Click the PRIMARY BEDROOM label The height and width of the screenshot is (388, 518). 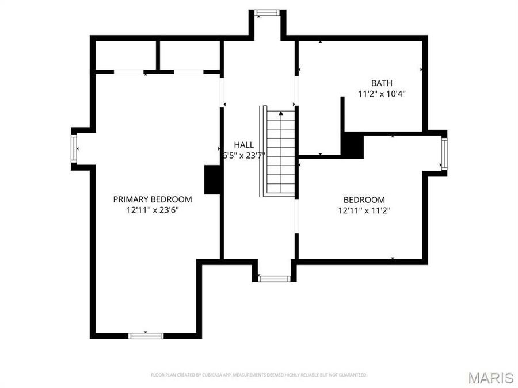click(x=153, y=199)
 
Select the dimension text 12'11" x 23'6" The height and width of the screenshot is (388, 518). click(x=153, y=210)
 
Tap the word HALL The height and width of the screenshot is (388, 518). click(x=243, y=145)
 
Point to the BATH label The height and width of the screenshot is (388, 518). click(x=382, y=83)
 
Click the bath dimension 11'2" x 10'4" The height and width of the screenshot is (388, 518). click(x=382, y=93)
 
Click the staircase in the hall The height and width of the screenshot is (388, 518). click(x=280, y=152)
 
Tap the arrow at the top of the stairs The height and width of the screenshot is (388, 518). click(x=281, y=114)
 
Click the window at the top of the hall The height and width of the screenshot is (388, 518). click(x=266, y=13)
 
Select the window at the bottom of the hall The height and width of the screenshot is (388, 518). click(x=274, y=279)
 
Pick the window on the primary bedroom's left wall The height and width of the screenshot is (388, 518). click(x=74, y=148)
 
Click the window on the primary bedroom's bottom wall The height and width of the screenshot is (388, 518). click(x=146, y=335)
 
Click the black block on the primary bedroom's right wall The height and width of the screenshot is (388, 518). click(x=212, y=179)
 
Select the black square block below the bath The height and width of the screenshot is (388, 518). click(x=352, y=145)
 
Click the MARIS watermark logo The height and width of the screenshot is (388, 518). click(x=490, y=378)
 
